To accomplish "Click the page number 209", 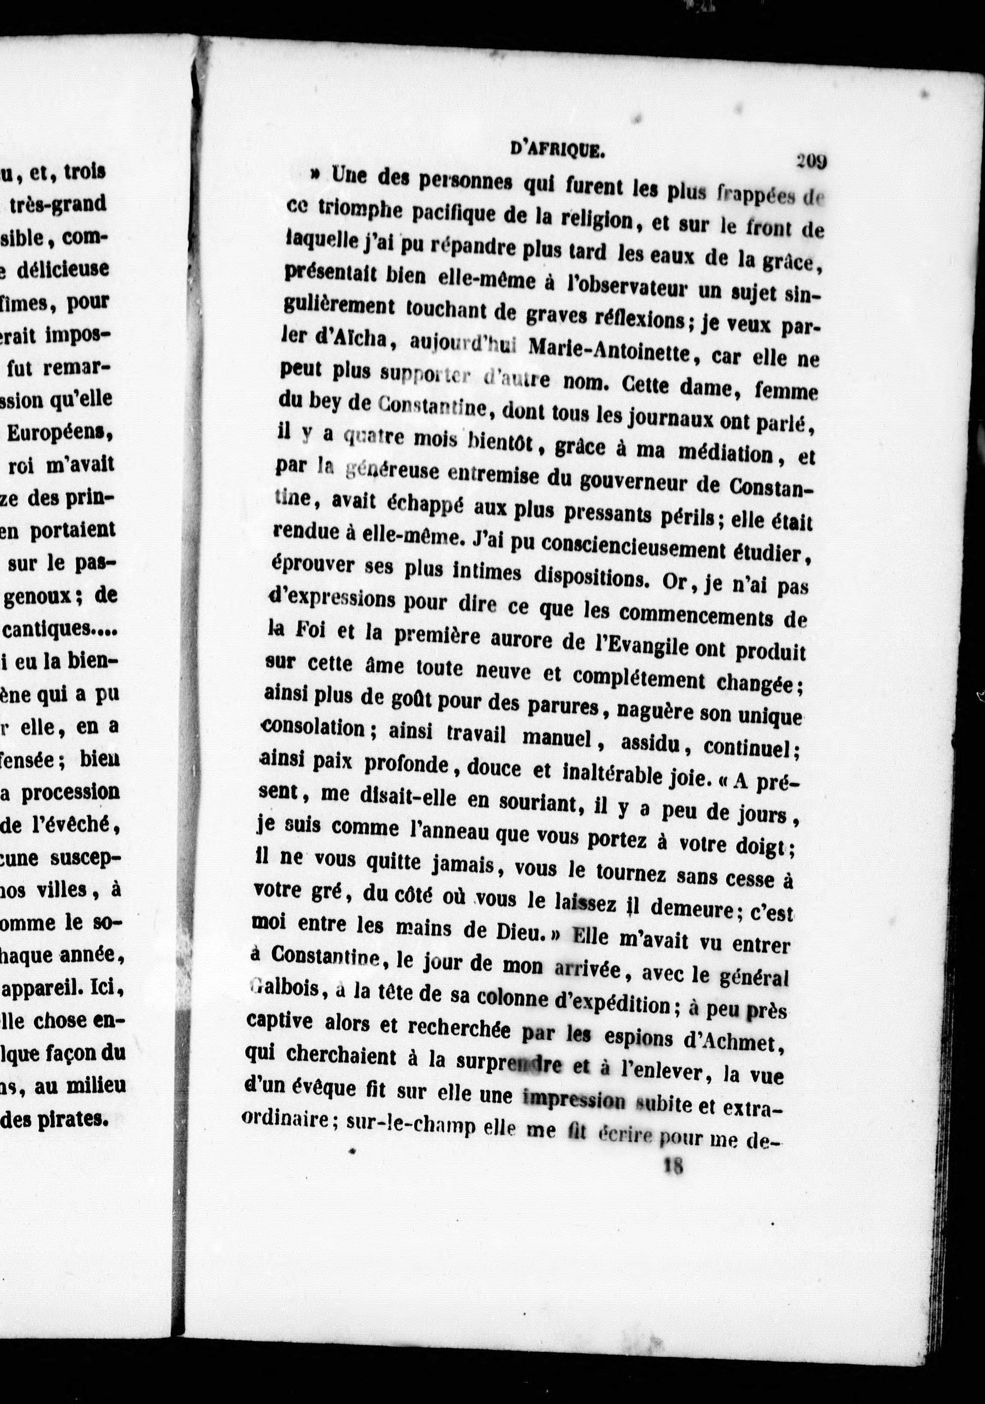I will tap(811, 161).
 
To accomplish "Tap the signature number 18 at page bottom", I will tap(673, 1166).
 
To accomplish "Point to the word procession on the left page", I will tap(70, 793).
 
